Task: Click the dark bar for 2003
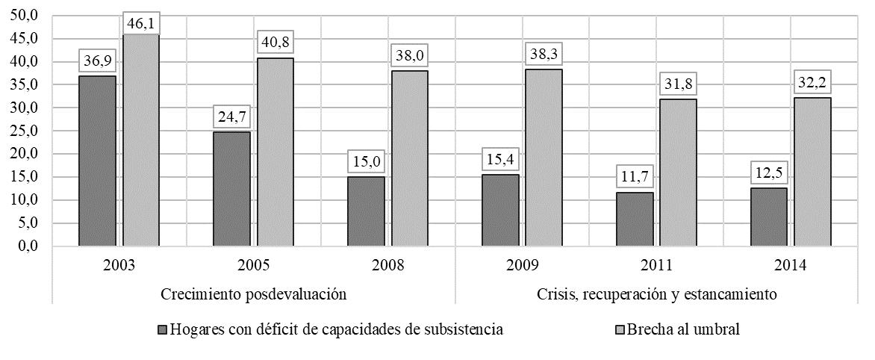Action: pos(97,161)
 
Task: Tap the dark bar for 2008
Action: pos(366,211)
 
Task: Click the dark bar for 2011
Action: pos(635,219)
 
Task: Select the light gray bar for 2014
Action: pos(813,172)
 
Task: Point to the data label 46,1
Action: pos(141,24)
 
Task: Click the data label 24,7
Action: pos(231,116)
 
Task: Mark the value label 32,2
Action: pos(813,81)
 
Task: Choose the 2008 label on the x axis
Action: pos(388,265)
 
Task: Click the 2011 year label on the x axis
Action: pos(657,265)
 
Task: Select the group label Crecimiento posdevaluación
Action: pos(255,294)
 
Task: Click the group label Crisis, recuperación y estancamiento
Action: pos(657,294)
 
